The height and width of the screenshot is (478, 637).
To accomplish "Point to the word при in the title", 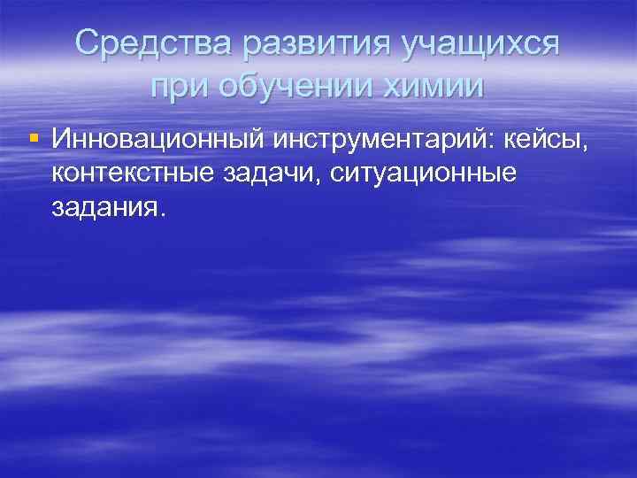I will click(x=177, y=88).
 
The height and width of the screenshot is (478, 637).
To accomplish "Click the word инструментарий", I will click(x=375, y=139).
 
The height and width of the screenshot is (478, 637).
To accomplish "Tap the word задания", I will click(x=104, y=209).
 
